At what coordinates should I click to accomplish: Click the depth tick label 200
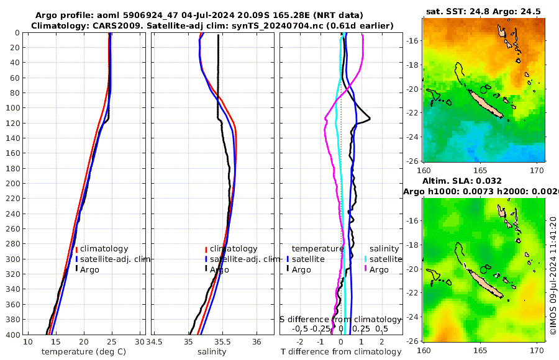pos(12,183)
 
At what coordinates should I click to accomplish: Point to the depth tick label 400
pos(12,335)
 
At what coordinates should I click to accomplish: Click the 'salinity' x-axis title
pos(212,352)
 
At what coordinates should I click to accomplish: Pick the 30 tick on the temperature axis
pos(140,341)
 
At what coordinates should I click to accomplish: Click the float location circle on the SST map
pos(483,90)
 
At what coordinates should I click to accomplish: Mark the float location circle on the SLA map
pos(483,270)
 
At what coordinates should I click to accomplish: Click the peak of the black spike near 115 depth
pos(370,119)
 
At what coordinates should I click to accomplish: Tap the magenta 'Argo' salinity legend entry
pos(379,269)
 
